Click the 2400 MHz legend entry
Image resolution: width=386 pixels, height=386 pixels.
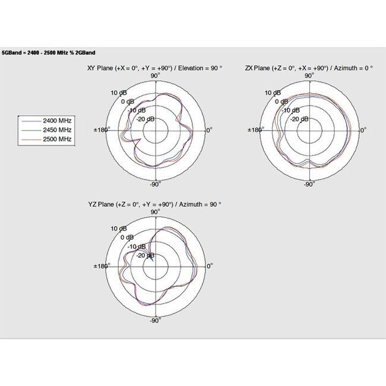click(57, 119)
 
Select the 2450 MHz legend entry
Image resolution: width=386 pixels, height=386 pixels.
click(57, 129)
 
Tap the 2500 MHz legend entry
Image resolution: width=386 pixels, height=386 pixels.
click(57, 138)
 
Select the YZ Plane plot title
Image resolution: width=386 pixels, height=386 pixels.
click(154, 204)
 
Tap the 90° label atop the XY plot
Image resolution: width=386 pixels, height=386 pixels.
click(155, 75)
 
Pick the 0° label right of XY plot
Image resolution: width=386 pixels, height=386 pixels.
click(208, 129)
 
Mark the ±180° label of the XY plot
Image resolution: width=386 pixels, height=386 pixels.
click(102, 129)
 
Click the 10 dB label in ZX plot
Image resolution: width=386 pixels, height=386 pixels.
click(273, 93)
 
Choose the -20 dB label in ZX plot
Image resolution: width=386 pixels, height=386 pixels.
click(299, 119)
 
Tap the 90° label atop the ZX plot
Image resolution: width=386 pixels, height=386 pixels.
click(309, 75)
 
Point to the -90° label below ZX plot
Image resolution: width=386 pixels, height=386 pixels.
click(309, 185)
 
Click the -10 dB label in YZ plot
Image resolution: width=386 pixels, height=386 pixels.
click(137, 246)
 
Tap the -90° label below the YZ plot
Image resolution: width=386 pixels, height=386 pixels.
click(155, 321)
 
